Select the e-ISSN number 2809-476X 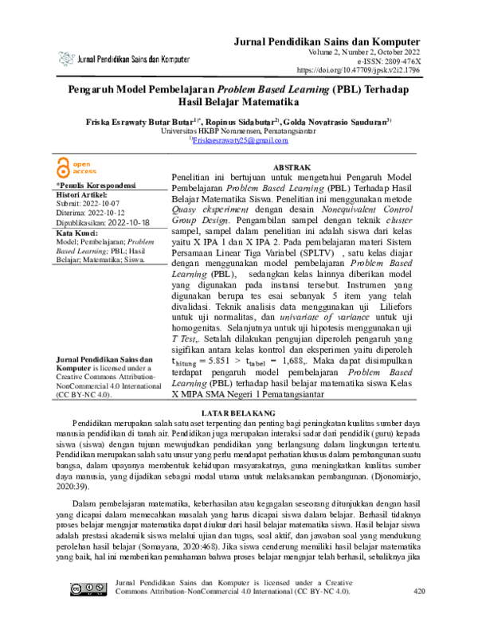pos(399,61)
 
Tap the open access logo pos(76,166)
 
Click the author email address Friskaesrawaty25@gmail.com pos(239,140)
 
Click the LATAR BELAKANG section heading pos(239,413)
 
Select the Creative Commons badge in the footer pos(84,589)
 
